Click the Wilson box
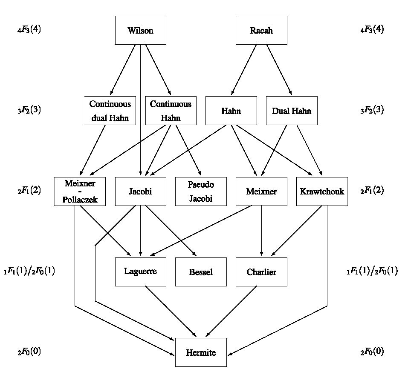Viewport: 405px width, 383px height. (x=140, y=30)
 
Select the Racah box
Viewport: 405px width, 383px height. (x=261, y=30)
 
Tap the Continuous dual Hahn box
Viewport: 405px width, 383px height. (x=110, y=111)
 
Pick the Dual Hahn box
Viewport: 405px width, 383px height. (x=292, y=111)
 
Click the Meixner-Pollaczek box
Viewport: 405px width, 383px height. (x=80, y=191)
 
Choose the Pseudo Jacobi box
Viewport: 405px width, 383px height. (x=201, y=191)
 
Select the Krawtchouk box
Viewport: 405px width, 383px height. (x=322, y=191)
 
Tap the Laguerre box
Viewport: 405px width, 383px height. (x=140, y=272)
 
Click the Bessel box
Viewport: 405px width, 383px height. (x=201, y=272)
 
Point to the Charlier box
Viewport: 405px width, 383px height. (x=261, y=272)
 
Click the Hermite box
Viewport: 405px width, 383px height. (x=201, y=352)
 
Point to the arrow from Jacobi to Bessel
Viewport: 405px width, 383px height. (x=171, y=232)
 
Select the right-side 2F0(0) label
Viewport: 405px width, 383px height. (x=372, y=352)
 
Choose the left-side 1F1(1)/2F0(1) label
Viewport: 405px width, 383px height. (x=29, y=272)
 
